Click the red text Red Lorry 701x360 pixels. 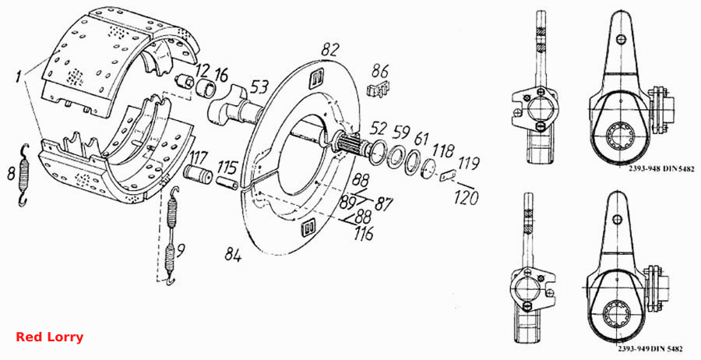click(x=49, y=337)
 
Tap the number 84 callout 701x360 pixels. click(x=234, y=256)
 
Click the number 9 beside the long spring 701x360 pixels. click(x=180, y=252)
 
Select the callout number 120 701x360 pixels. click(x=466, y=197)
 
